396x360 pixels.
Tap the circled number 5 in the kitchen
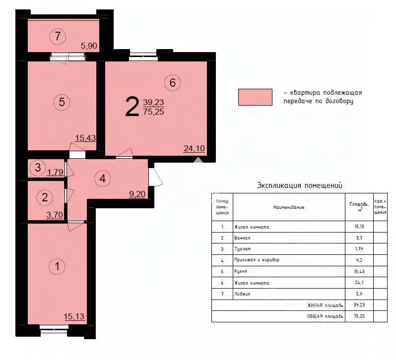62,102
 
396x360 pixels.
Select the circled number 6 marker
172,83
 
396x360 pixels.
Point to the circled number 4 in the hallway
102,179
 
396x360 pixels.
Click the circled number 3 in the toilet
38,168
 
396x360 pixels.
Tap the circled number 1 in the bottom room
58,267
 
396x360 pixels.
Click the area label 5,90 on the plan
89,46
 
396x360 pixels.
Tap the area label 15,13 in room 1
74,316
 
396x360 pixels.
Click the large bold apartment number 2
132,107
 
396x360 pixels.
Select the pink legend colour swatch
255,97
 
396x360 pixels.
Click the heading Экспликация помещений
300,185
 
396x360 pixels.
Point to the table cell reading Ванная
242,238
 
